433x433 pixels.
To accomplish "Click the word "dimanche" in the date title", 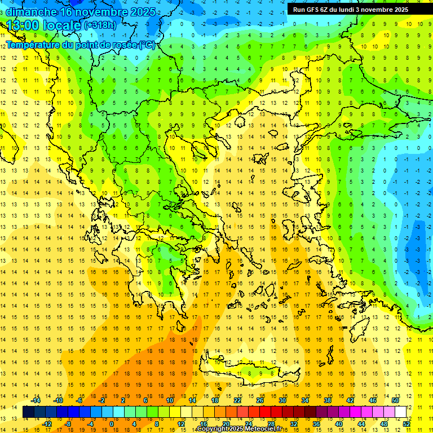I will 31,11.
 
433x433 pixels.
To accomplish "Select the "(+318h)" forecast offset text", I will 100,25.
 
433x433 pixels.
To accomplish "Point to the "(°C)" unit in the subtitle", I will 146,45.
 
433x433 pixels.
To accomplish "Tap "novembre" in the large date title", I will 107,11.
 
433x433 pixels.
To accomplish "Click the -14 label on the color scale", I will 36,400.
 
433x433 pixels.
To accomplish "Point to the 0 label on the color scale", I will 111,424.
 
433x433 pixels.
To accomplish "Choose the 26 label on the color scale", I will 260,400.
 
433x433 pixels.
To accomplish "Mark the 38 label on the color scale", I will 328,400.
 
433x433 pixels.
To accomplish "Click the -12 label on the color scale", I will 47,424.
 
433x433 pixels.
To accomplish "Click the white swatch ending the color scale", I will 401,412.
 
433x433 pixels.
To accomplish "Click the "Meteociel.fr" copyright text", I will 263,429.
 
